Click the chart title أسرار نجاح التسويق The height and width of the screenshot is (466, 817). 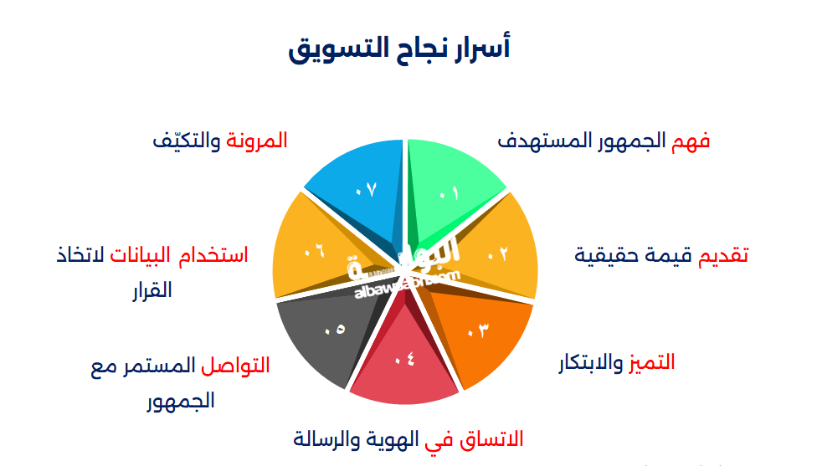399,49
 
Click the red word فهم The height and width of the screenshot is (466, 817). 691,141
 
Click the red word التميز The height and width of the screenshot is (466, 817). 653,362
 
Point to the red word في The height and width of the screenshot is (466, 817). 441,438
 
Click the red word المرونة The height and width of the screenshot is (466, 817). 258,141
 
